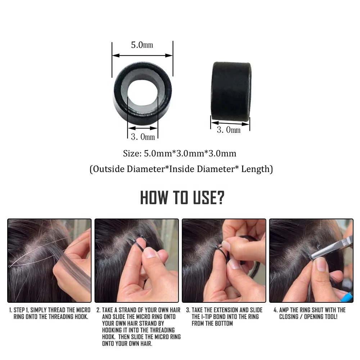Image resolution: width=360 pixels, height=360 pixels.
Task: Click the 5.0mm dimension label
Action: pos(142,45)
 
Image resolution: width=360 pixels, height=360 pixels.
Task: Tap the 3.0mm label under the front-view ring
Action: pos(143,137)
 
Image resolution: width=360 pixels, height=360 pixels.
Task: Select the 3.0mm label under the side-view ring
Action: pos(229,130)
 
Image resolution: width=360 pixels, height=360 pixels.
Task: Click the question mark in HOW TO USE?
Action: pos(220,198)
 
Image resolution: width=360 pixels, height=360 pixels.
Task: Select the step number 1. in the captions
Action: pos(11,310)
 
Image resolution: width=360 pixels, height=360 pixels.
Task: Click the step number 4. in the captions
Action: pos(276,310)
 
